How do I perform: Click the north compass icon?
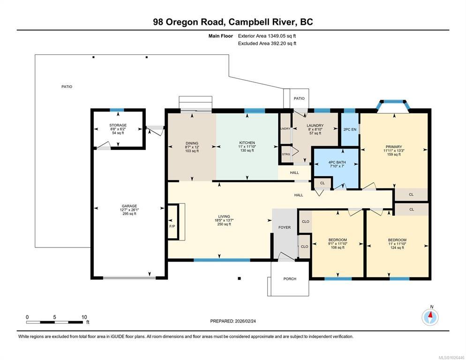[430, 317]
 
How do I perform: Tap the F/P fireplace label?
[172, 226]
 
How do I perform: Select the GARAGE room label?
[129, 206]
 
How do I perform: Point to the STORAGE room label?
[118, 125]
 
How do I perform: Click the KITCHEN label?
[247, 142]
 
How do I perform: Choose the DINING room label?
[192, 143]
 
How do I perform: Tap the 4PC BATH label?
[337, 162]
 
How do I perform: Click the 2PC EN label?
[350, 129]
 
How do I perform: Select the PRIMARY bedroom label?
[394, 147]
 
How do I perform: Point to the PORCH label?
[290, 279]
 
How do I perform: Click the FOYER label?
[285, 227]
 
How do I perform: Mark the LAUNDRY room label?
[315, 126]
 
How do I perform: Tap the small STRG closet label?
[286, 154]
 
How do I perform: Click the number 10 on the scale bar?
[84, 317]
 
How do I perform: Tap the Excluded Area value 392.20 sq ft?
[283, 44]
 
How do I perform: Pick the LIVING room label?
[224, 217]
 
